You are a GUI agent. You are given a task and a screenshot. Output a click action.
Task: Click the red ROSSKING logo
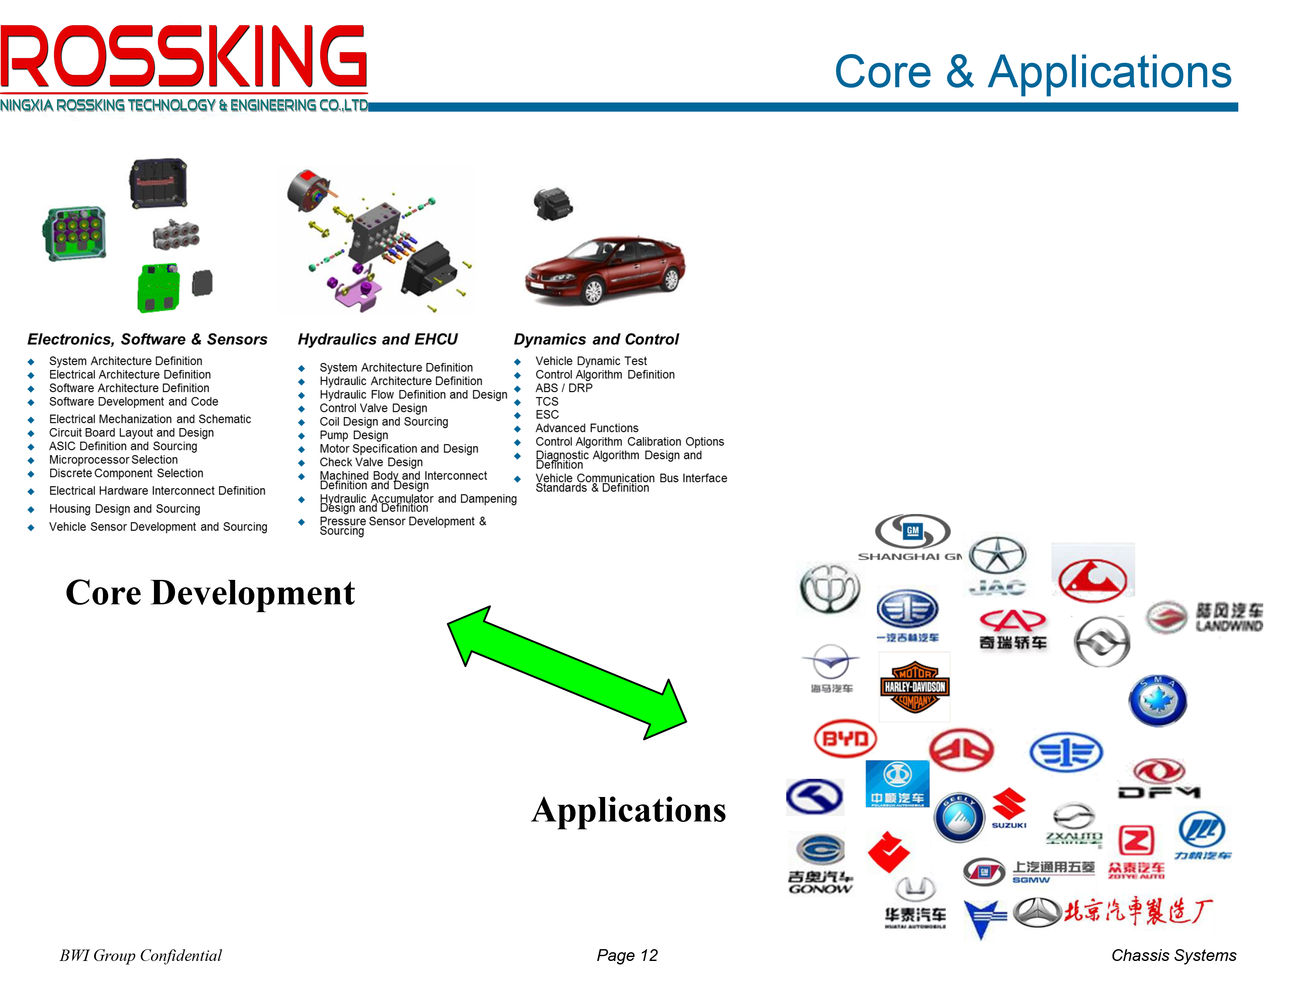pyautogui.click(x=183, y=56)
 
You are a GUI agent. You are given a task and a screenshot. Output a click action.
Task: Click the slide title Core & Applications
pyautogui.click(x=1033, y=72)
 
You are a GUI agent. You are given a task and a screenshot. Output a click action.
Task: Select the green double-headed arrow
pyautogui.click(x=566, y=672)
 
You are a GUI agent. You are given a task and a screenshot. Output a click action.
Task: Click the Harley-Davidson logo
pyautogui.click(x=914, y=687)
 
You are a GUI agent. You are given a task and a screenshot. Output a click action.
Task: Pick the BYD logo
pyautogui.click(x=845, y=739)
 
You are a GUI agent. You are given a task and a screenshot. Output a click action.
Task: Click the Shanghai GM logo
pyautogui.click(x=912, y=537)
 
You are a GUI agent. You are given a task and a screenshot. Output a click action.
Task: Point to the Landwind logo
pyautogui.click(x=1205, y=617)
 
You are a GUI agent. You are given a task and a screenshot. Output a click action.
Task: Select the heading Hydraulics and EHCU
pyautogui.click(x=377, y=339)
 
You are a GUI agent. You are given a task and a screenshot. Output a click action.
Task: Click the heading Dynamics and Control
pyautogui.click(x=596, y=339)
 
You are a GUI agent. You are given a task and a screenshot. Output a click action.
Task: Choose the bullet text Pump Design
pyautogui.click(x=354, y=435)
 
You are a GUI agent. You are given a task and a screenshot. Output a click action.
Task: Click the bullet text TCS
pyautogui.click(x=547, y=402)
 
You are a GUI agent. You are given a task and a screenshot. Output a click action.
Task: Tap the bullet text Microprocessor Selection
pyautogui.click(x=113, y=460)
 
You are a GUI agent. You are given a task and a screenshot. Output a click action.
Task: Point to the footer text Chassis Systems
pyautogui.click(x=1173, y=955)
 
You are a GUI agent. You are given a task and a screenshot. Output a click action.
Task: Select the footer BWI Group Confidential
pyautogui.click(x=141, y=955)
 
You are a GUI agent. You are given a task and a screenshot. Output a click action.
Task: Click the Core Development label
pyautogui.click(x=210, y=593)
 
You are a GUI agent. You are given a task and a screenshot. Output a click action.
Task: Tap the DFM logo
pyautogui.click(x=1159, y=780)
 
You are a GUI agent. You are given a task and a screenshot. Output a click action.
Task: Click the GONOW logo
pyautogui.click(x=819, y=863)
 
